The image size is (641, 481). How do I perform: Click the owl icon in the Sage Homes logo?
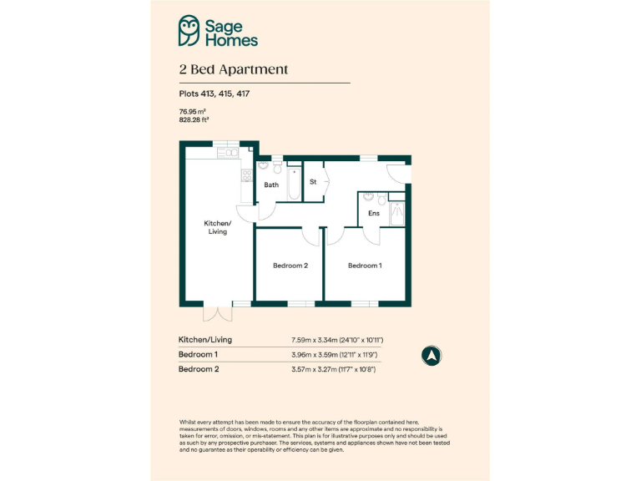[x=190, y=31]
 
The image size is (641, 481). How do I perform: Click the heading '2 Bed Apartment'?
[x=233, y=69]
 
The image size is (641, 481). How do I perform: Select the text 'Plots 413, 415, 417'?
[x=214, y=94]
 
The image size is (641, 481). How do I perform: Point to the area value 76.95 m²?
[x=192, y=111]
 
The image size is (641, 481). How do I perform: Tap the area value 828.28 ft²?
[x=194, y=119]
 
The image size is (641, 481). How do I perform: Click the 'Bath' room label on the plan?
[x=271, y=185]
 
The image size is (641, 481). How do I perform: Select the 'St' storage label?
[x=313, y=181]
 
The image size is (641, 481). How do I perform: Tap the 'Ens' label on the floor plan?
[x=373, y=214]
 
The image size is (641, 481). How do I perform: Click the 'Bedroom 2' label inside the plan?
[x=290, y=266]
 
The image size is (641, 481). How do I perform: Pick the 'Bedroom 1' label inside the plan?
[x=365, y=266]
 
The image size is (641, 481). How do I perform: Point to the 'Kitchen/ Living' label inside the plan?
[x=217, y=227]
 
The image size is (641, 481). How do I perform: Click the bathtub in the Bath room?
[x=294, y=184]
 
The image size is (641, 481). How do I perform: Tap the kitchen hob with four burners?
[x=247, y=175]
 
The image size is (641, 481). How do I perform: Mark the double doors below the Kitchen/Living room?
[x=216, y=313]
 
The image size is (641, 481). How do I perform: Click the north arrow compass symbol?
[x=431, y=355]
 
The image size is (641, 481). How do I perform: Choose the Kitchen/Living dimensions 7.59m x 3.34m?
[x=336, y=341]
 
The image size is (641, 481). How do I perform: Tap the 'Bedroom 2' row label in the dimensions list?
[x=199, y=369]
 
